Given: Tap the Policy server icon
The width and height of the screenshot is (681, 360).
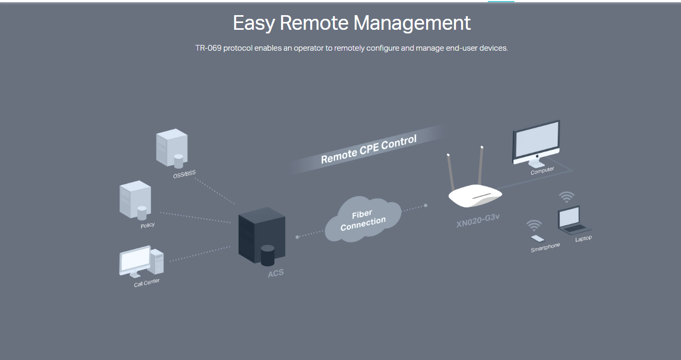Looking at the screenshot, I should [135, 200].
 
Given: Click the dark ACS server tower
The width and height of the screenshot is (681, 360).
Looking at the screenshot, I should [262, 238].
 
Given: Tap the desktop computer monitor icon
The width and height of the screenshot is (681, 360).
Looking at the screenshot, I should [536, 142].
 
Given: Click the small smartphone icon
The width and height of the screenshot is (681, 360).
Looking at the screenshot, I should [537, 239].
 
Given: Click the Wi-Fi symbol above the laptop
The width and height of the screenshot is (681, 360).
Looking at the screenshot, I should [567, 197].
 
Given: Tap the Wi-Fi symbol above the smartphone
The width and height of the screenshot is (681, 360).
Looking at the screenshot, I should [534, 225].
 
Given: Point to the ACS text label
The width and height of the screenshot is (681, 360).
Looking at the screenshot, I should [276, 273].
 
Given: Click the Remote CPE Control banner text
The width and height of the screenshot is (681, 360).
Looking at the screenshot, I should [369, 149].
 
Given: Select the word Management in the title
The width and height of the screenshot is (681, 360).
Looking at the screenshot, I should [412, 24].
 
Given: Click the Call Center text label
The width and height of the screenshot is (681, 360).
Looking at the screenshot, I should [147, 283].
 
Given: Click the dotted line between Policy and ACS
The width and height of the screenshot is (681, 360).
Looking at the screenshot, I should [196, 217].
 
